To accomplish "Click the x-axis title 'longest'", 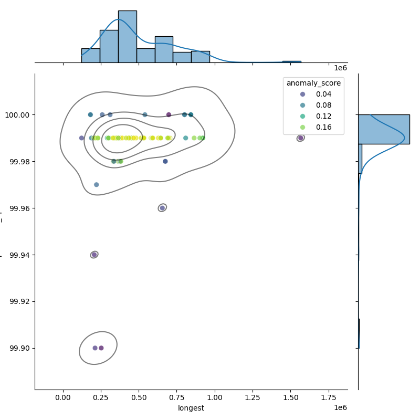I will pyautogui.click(x=191, y=408).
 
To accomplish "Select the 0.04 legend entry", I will pyautogui.click(x=320, y=94).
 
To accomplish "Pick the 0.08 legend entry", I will pyautogui.click(x=320, y=105).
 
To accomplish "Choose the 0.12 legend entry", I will pyautogui.click(x=320, y=116).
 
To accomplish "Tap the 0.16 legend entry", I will pyautogui.click(x=320, y=127).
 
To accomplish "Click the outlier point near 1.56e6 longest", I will pyautogui.click(x=300, y=138).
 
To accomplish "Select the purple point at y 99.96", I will pyautogui.click(x=162, y=208).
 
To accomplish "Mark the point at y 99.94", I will pyautogui.click(x=94, y=255).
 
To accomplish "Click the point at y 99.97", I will pyautogui.click(x=96, y=185).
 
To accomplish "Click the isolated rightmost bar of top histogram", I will pyautogui.click(x=291, y=61).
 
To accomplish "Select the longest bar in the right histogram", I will pyautogui.click(x=384, y=129).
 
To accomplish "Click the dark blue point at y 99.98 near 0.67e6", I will pyautogui.click(x=165, y=161).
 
